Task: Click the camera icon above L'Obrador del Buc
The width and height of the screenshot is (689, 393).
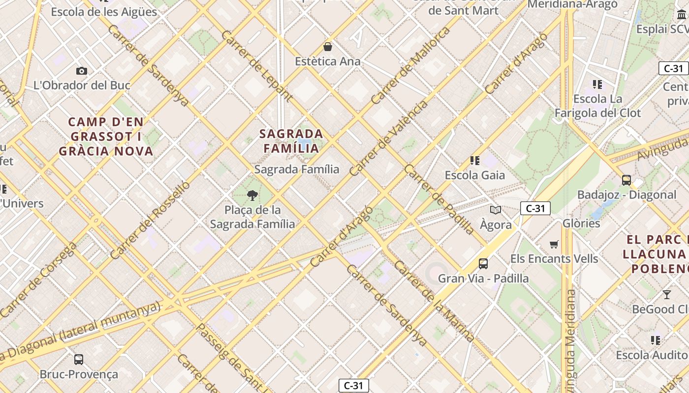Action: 82,71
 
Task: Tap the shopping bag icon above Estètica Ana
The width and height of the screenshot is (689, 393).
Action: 328,47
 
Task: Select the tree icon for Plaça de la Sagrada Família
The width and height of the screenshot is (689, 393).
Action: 252,196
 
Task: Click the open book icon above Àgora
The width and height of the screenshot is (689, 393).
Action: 496,210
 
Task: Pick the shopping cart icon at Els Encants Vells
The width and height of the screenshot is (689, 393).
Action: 554,244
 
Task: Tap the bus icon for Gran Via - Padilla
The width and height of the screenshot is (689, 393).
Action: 483,264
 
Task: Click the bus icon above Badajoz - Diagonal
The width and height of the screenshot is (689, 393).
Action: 626,180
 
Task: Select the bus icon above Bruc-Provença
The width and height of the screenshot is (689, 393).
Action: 79,360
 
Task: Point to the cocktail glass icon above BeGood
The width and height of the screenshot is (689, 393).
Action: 666,295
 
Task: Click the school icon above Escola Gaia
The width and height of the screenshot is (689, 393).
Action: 475,161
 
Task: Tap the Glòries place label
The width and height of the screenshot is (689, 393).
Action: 581,224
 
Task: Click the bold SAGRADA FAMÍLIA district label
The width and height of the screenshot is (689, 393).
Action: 291,141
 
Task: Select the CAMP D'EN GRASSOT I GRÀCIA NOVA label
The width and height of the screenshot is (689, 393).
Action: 106,137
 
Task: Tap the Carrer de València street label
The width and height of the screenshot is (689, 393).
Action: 389,139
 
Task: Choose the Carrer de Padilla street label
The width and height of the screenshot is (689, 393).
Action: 439,199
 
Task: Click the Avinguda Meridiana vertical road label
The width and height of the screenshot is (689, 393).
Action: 571,339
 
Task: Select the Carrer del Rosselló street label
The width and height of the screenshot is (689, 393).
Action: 150,220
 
